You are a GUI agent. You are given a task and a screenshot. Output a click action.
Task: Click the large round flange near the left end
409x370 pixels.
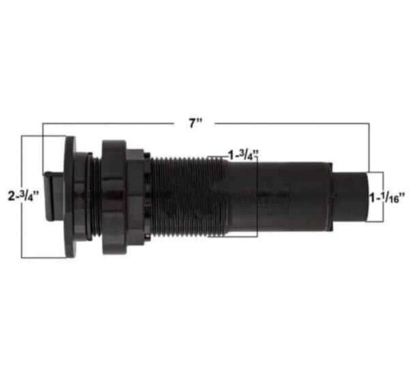(x=70, y=196)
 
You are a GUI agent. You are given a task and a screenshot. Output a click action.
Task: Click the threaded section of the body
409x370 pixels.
(x=184, y=196)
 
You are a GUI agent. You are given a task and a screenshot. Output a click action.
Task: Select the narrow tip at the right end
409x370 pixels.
(x=351, y=196)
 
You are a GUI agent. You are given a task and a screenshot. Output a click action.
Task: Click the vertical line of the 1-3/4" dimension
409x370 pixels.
(x=256, y=196)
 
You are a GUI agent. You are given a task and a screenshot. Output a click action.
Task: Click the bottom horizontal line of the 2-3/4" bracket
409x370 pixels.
(x=43, y=257)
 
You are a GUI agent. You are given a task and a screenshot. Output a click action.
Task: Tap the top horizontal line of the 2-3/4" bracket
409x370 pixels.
(x=43, y=136)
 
